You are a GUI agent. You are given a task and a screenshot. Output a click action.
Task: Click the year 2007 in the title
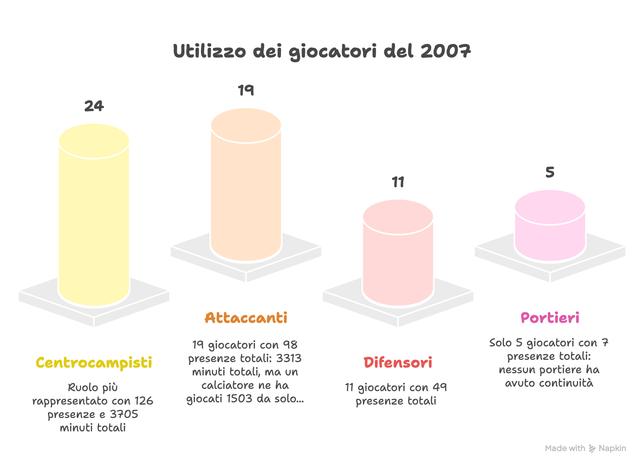pos(446,51)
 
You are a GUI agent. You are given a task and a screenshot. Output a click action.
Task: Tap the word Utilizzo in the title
pos(209,51)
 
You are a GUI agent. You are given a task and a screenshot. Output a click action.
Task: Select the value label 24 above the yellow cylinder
pos(94,106)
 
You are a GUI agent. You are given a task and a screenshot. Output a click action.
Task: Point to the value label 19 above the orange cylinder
pos(246,90)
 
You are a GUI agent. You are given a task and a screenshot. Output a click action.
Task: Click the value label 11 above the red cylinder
pos(398,182)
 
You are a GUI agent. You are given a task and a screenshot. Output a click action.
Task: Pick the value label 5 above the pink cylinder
pos(550,172)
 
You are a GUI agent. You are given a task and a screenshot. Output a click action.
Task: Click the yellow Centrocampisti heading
pos(94,363)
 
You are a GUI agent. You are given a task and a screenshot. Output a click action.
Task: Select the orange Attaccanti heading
pos(246,318)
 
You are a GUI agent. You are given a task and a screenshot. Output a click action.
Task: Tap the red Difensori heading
pos(398,363)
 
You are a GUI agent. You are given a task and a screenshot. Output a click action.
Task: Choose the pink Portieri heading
pos(550,318)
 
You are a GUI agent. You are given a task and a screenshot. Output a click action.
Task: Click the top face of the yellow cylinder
pos(94,141)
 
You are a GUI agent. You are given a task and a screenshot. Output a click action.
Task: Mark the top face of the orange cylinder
pos(246,125)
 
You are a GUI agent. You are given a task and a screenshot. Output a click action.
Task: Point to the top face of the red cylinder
pos(398,217)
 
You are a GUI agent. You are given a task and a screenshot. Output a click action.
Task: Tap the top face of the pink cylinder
pos(550,207)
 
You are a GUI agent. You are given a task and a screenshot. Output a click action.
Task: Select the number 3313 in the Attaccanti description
pos(289,358)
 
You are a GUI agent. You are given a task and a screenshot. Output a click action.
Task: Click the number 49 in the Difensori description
pos(440,387)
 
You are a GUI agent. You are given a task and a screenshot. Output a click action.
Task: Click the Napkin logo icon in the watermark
pos(592,448)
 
